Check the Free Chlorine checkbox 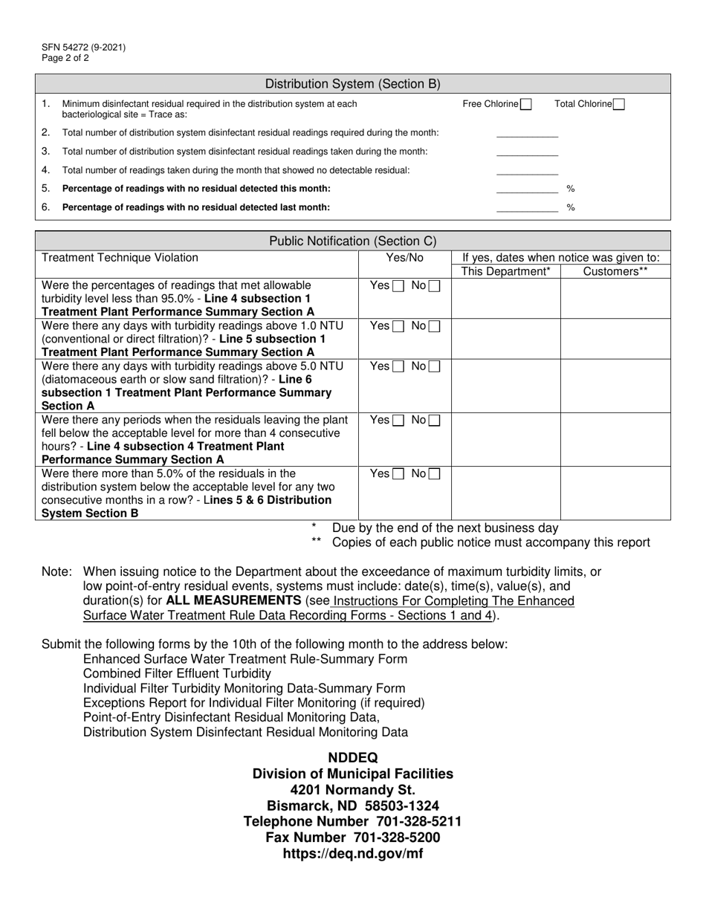point(526,105)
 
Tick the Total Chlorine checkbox point(619,105)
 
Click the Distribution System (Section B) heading point(353,84)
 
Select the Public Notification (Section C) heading point(353,241)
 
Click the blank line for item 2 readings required point(527,133)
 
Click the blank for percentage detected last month point(527,208)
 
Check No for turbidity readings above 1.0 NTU point(434,326)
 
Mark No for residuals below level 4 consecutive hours point(434,421)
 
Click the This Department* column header point(506,272)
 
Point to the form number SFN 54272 point(83,48)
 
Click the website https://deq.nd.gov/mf point(353,855)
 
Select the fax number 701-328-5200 point(353,838)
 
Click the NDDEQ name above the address point(353,758)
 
